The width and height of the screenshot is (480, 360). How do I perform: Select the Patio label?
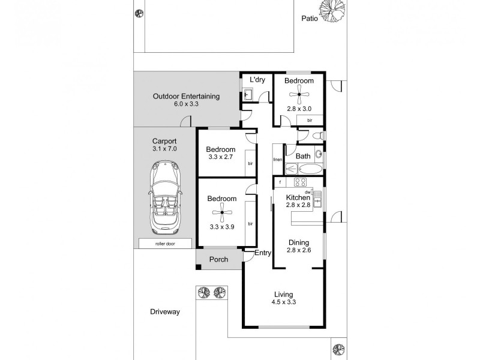tap(310, 19)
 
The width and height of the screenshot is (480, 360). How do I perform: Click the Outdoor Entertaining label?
tap(186, 96)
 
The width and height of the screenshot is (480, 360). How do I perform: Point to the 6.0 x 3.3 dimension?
tap(186, 104)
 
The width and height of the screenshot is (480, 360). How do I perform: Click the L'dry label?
tap(257, 80)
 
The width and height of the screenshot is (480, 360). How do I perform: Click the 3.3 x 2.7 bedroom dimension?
tap(221, 157)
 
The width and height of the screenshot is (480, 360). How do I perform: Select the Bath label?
tap(303, 157)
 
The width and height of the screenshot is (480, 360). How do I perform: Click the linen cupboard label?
tap(277, 160)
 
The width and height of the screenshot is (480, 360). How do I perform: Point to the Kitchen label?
tap(298, 197)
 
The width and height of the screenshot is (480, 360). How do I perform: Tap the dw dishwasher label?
tap(307, 191)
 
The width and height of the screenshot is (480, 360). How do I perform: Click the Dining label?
tap(298, 243)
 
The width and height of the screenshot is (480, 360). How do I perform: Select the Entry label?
tap(263, 253)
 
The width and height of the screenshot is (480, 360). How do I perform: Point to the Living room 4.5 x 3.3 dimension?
tap(284, 302)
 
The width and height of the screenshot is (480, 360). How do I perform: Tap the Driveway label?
tap(165, 312)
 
